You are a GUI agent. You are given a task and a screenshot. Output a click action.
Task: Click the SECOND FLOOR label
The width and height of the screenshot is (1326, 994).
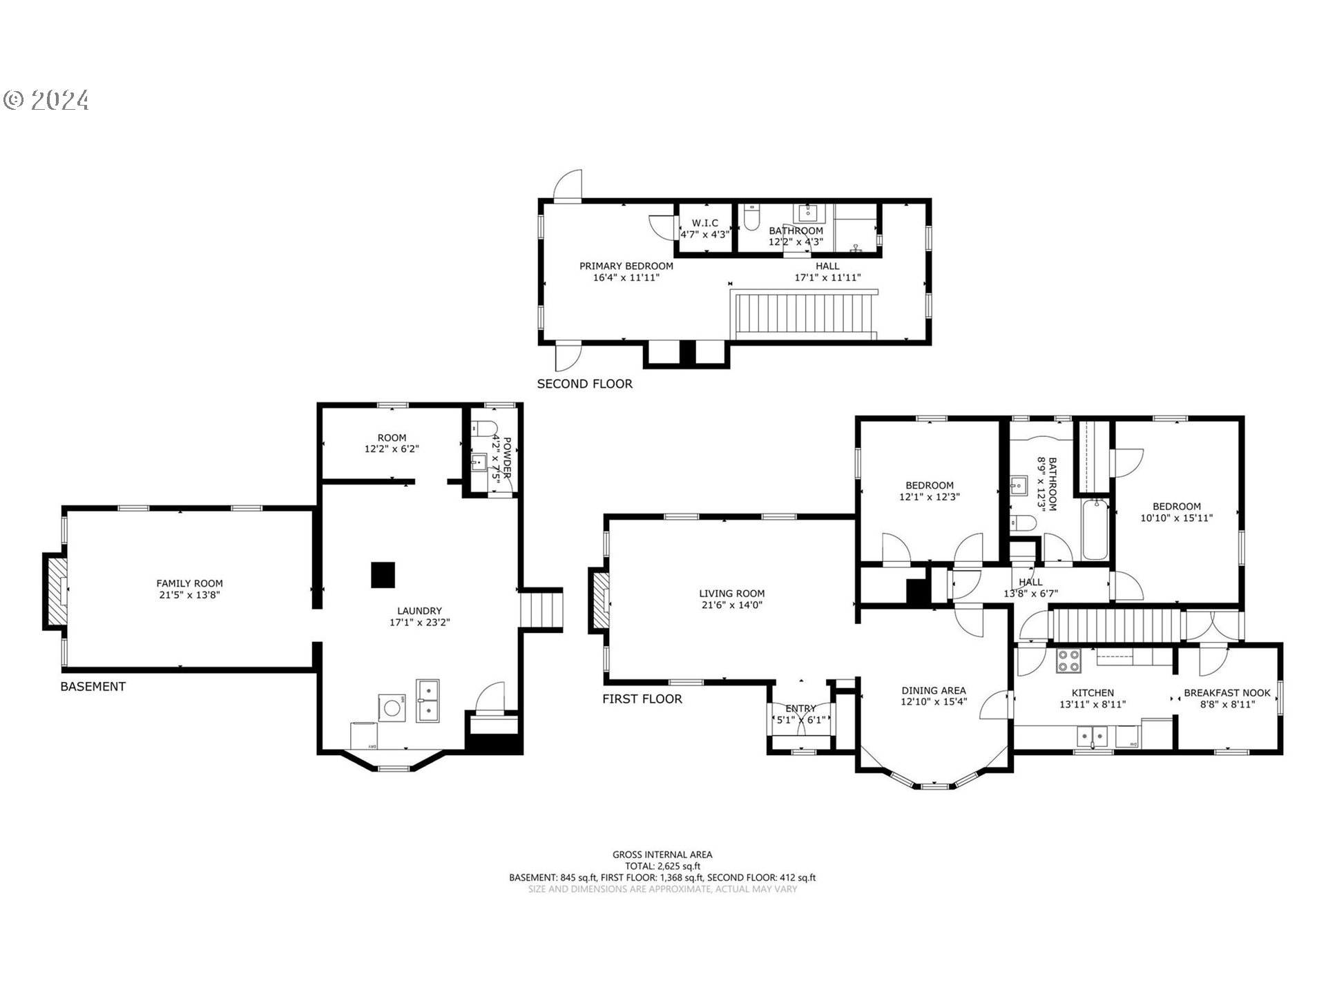[584, 384]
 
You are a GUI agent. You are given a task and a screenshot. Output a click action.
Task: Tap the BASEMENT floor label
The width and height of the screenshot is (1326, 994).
[93, 686]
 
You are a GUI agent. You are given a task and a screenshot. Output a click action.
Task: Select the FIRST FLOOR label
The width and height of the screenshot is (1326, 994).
[642, 699]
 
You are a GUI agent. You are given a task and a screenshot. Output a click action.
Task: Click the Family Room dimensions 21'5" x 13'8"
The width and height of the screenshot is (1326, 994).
[189, 594]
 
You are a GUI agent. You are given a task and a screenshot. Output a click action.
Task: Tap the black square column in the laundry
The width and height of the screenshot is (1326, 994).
[383, 575]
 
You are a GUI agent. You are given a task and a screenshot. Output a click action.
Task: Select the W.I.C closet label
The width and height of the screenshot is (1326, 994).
[704, 223]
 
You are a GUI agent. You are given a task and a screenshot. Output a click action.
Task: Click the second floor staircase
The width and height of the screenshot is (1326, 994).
[804, 314]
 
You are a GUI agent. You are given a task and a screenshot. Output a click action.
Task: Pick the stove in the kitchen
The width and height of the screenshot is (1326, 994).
[1069, 661]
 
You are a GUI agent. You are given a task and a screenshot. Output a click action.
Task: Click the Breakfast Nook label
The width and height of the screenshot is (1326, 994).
[1227, 693]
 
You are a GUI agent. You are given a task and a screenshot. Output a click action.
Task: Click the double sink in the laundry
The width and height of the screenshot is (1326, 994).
[427, 700]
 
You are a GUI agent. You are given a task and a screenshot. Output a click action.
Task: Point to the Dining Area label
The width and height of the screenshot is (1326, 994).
[933, 690]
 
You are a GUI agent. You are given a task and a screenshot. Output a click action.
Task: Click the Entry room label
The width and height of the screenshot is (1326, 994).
[800, 708]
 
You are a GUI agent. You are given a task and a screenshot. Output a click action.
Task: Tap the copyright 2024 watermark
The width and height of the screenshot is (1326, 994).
[46, 100]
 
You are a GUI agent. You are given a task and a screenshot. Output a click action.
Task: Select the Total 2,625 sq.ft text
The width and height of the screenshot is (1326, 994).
[662, 866]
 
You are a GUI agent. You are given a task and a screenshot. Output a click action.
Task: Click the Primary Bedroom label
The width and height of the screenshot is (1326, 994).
[626, 266]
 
